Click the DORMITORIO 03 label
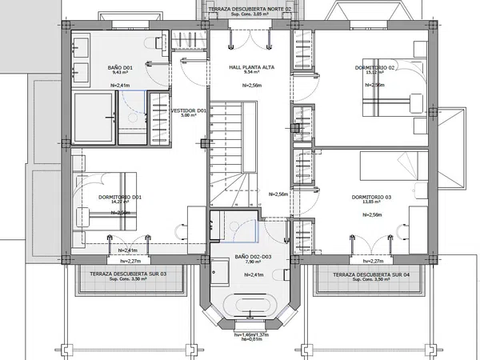click(371, 198)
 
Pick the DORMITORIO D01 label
click(120, 197)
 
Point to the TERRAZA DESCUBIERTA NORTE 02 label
click(246, 9)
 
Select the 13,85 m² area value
click(371, 205)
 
